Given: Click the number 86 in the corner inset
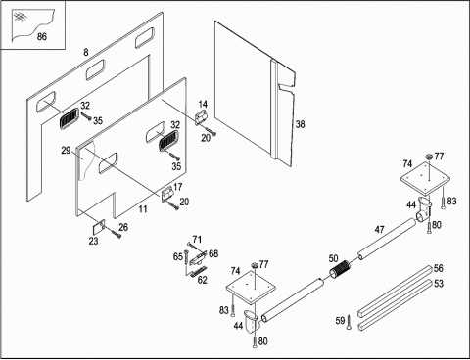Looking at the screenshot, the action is (x=42, y=36).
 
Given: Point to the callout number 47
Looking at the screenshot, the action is (x=379, y=230).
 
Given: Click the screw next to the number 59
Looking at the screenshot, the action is (x=349, y=322).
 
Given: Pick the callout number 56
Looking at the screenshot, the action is (x=439, y=268).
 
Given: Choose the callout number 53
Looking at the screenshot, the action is (x=439, y=283).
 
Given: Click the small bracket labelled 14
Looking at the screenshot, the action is (x=201, y=118).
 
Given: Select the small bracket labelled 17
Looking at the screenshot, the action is (x=168, y=195).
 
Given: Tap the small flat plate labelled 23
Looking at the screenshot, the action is (x=99, y=227).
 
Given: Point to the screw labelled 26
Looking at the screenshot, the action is (x=116, y=234).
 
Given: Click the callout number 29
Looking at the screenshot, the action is (x=66, y=151).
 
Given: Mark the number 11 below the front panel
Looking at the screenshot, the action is (x=143, y=209).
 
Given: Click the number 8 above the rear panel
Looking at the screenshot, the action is (x=86, y=52).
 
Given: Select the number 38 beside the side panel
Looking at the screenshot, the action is (x=300, y=124).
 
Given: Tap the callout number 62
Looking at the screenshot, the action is (x=203, y=280).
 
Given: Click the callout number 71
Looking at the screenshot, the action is (x=197, y=240).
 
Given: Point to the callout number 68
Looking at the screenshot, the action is (x=213, y=253).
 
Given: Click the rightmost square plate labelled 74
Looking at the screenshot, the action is (x=425, y=179).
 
